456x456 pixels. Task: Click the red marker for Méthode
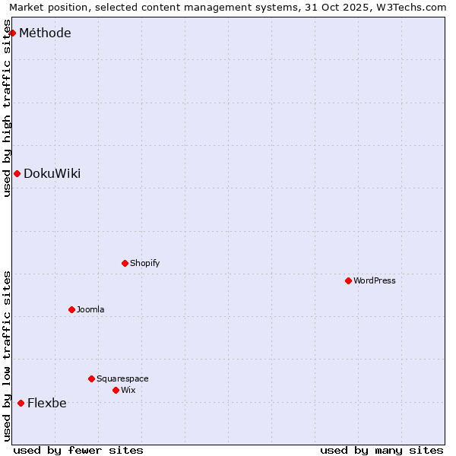click(12, 33)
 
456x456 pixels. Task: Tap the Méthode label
click(45, 33)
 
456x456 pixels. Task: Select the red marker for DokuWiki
click(17, 173)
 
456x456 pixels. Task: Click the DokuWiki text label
click(52, 173)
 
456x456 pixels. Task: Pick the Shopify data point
click(125, 263)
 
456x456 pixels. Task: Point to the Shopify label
click(144, 263)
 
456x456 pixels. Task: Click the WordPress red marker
click(348, 280)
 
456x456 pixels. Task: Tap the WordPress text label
click(374, 280)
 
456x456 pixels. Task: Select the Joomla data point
click(71, 309)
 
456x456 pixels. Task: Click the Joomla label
click(90, 309)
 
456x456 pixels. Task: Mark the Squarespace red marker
click(91, 378)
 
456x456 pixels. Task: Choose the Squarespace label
click(122, 378)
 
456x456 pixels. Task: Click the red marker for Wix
click(116, 390)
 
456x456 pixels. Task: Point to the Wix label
click(128, 390)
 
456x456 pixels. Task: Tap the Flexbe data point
click(21, 403)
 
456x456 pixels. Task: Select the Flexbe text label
click(46, 403)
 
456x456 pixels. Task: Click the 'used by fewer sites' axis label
click(78, 450)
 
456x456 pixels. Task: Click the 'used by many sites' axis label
click(382, 450)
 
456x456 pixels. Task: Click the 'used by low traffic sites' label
click(7, 356)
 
